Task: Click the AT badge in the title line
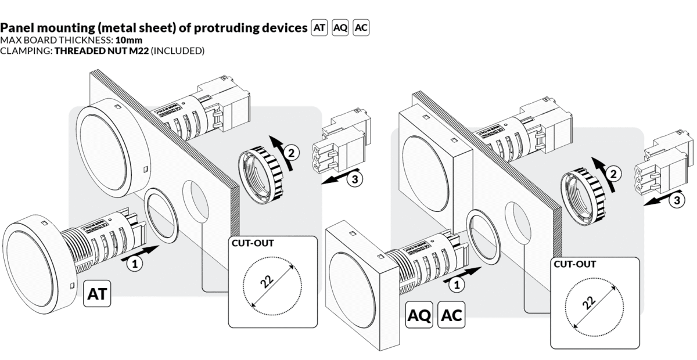(319, 27)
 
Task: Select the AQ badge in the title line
(340, 27)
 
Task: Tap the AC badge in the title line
(361, 27)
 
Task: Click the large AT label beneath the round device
(97, 294)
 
